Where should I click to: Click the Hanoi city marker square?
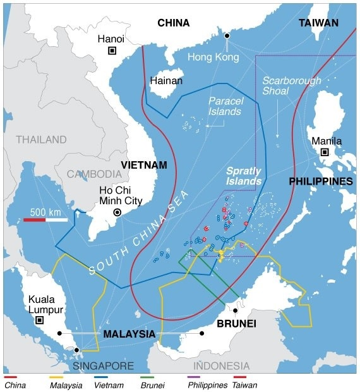pos(112,51)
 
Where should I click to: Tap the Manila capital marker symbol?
pos(325,152)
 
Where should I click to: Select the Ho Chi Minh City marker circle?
pos(117,213)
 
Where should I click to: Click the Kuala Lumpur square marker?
pos(39,321)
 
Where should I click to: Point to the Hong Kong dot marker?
pos(227,35)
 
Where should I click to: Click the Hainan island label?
pos(166,81)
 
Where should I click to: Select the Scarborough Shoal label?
pos(292,86)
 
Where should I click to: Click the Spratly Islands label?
pos(243,176)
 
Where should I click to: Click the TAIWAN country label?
pos(318,23)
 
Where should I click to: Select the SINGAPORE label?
pos(102,366)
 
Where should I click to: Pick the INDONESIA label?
pos(221,366)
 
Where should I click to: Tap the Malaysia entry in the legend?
pos(66,384)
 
